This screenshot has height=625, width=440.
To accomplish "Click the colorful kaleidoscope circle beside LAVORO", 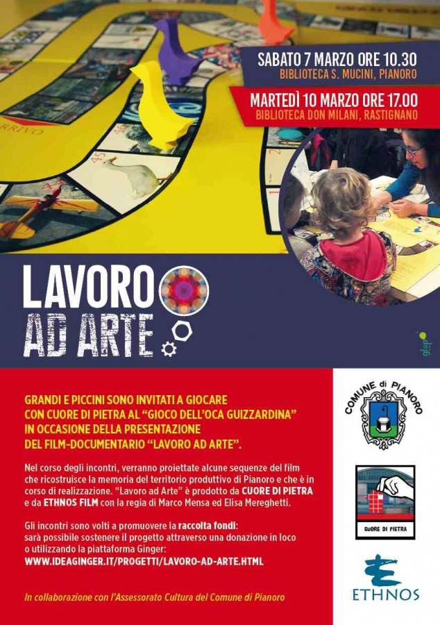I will click(184, 290).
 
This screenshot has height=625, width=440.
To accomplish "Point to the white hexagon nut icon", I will click(182, 331).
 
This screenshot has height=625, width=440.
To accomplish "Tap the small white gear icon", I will click(168, 349).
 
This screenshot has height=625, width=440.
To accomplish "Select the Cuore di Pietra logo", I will click(385, 501).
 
